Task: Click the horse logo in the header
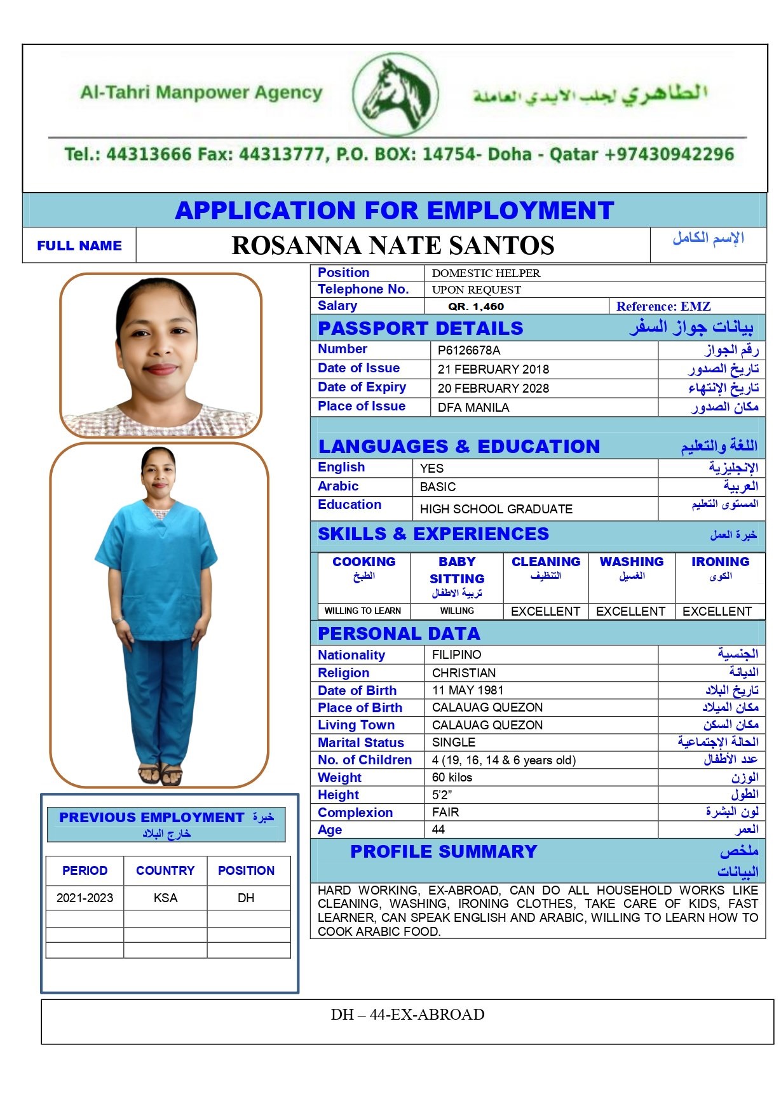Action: [x=395, y=95]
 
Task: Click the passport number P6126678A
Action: [x=469, y=350]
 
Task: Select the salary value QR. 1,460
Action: [x=476, y=306]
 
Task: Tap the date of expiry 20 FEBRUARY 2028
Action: [x=493, y=388]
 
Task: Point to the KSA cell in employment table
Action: [x=165, y=898]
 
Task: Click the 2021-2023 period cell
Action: [x=85, y=898]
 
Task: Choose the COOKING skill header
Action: [x=363, y=562]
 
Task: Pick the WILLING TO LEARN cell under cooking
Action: [x=362, y=611]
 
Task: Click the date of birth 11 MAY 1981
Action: [x=468, y=690]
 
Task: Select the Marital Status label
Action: [x=361, y=742]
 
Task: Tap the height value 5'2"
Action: [x=442, y=794]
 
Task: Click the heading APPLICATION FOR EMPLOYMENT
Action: [x=394, y=210]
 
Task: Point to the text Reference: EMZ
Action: [x=663, y=306]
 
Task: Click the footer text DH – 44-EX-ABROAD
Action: [x=407, y=1015]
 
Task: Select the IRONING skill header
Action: [x=720, y=562]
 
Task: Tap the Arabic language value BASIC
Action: [x=438, y=487]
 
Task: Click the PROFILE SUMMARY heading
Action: [x=444, y=851]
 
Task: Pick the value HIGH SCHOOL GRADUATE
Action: [x=496, y=509]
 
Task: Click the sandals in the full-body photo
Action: [x=160, y=774]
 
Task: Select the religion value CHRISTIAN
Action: [x=464, y=673]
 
